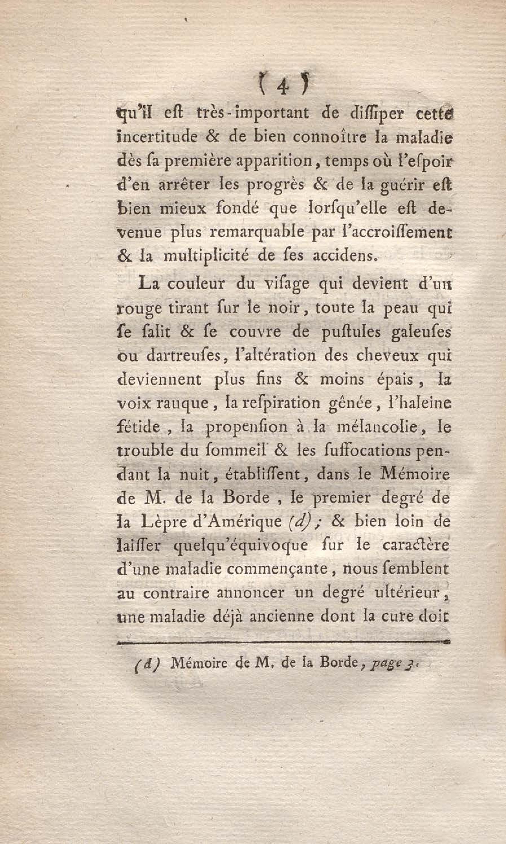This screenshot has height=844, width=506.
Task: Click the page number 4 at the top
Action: coord(283,88)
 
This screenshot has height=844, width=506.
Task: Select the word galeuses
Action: coord(421,332)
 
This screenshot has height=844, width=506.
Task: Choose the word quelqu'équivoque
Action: coord(240,546)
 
